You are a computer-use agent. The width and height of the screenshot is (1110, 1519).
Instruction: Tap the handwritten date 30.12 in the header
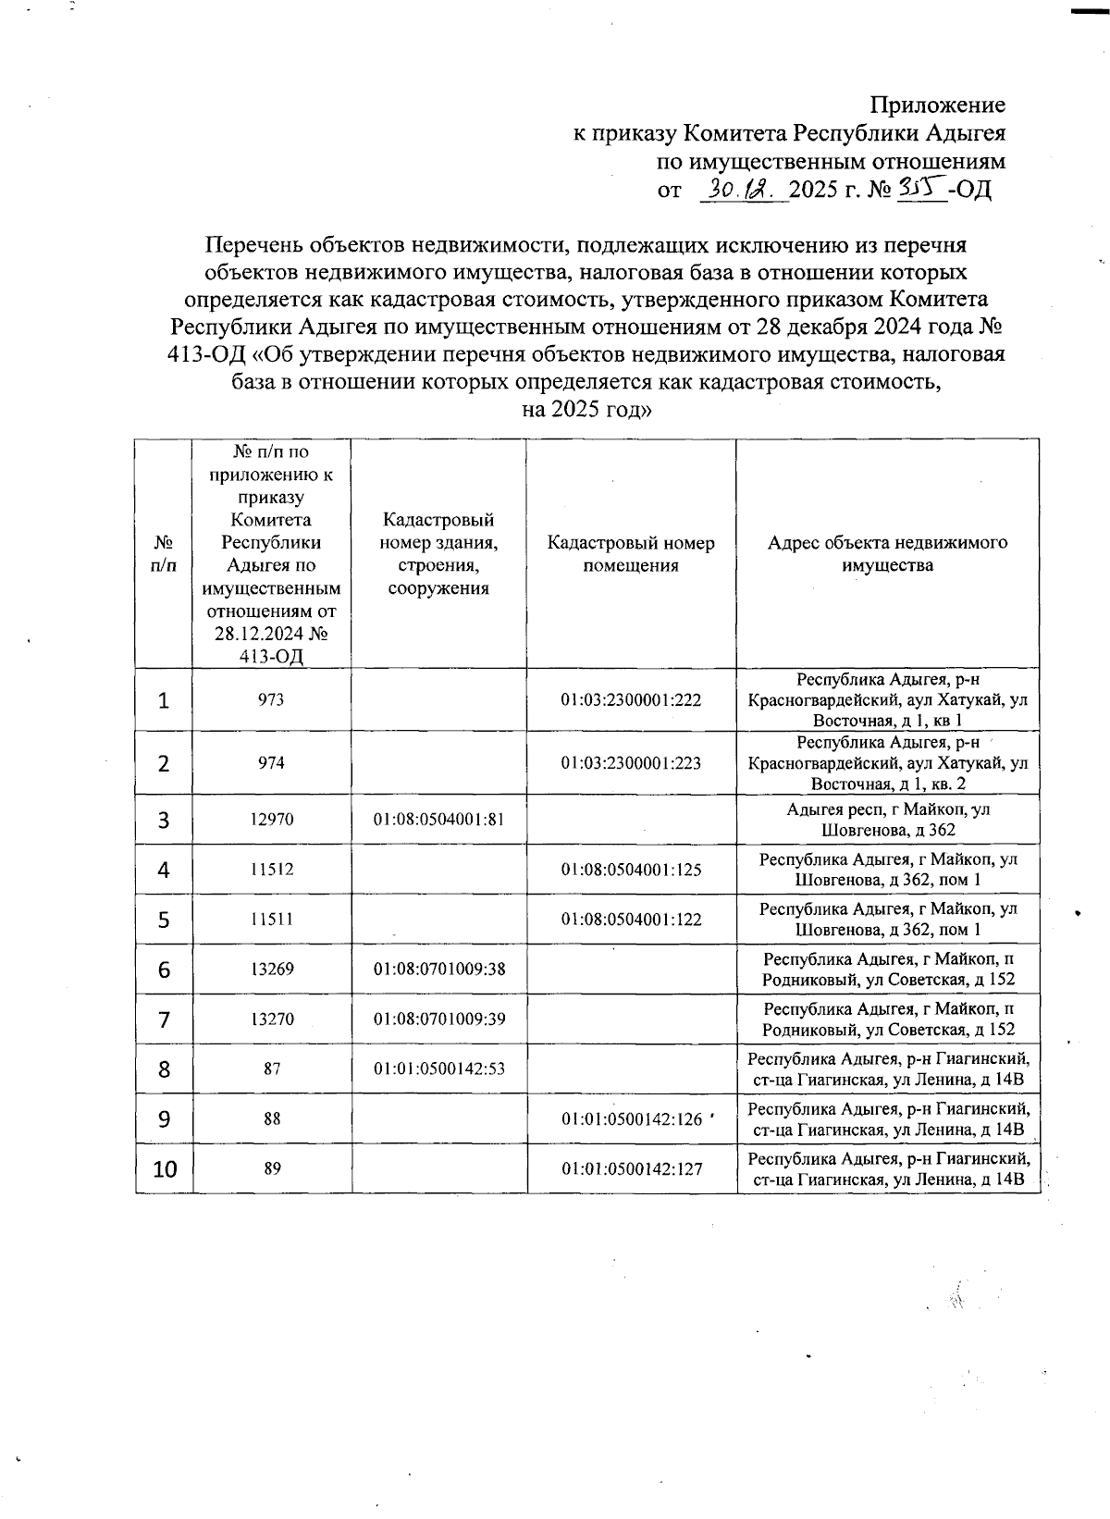pyautogui.click(x=743, y=190)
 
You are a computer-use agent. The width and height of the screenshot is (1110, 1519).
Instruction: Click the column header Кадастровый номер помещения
pyautogui.click(x=631, y=554)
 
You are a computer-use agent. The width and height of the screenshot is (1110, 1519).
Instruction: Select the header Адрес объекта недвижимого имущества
pyautogui.click(x=887, y=554)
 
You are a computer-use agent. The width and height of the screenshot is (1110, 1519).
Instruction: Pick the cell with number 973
pyautogui.click(x=271, y=700)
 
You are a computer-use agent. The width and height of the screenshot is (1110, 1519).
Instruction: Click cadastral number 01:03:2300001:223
pyautogui.click(x=631, y=763)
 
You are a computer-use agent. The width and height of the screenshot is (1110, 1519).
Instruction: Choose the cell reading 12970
pyautogui.click(x=271, y=820)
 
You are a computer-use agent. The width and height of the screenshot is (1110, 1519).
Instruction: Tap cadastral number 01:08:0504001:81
pyautogui.click(x=438, y=820)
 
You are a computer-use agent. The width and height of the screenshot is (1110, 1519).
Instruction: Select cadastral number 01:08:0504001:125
pyautogui.click(x=631, y=870)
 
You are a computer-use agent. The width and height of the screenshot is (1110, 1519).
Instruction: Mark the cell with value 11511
pyautogui.click(x=271, y=920)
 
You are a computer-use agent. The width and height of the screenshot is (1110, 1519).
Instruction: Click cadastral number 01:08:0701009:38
pyautogui.click(x=438, y=969)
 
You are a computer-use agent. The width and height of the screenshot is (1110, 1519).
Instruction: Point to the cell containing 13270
pyautogui.click(x=271, y=1019)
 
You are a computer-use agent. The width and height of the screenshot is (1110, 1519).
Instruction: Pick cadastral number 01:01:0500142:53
pyautogui.click(x=438, y=1069)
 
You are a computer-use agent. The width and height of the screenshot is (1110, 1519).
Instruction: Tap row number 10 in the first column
pyautogui.click(x=165, y=1169)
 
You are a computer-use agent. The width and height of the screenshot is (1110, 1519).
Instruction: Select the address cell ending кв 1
pyautogui.click(x=887, y=700)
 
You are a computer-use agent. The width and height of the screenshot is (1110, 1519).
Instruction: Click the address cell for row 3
pyautogui.click(x=887, y=820)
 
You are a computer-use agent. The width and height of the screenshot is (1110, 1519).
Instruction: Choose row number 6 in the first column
pyautogui.click(x=164, y=969)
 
